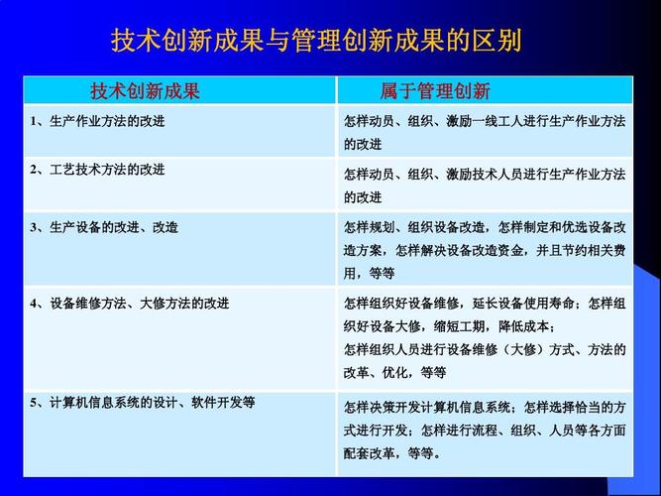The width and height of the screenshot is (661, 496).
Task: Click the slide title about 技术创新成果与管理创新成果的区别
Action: (316, 41)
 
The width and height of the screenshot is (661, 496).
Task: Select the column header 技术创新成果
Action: (145, 90)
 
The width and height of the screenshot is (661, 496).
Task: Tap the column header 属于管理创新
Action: (435, 90)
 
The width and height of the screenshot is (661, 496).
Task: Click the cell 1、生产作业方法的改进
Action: (97, 122)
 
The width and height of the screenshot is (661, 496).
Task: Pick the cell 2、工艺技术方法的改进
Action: (97, 170)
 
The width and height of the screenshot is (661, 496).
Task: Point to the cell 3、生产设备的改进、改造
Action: (104, 227)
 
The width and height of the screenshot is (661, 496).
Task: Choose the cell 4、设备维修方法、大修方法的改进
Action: (130, 304)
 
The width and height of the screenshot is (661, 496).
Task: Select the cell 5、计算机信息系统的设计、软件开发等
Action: (143, 403)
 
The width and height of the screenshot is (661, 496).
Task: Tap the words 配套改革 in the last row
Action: (369, 453)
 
